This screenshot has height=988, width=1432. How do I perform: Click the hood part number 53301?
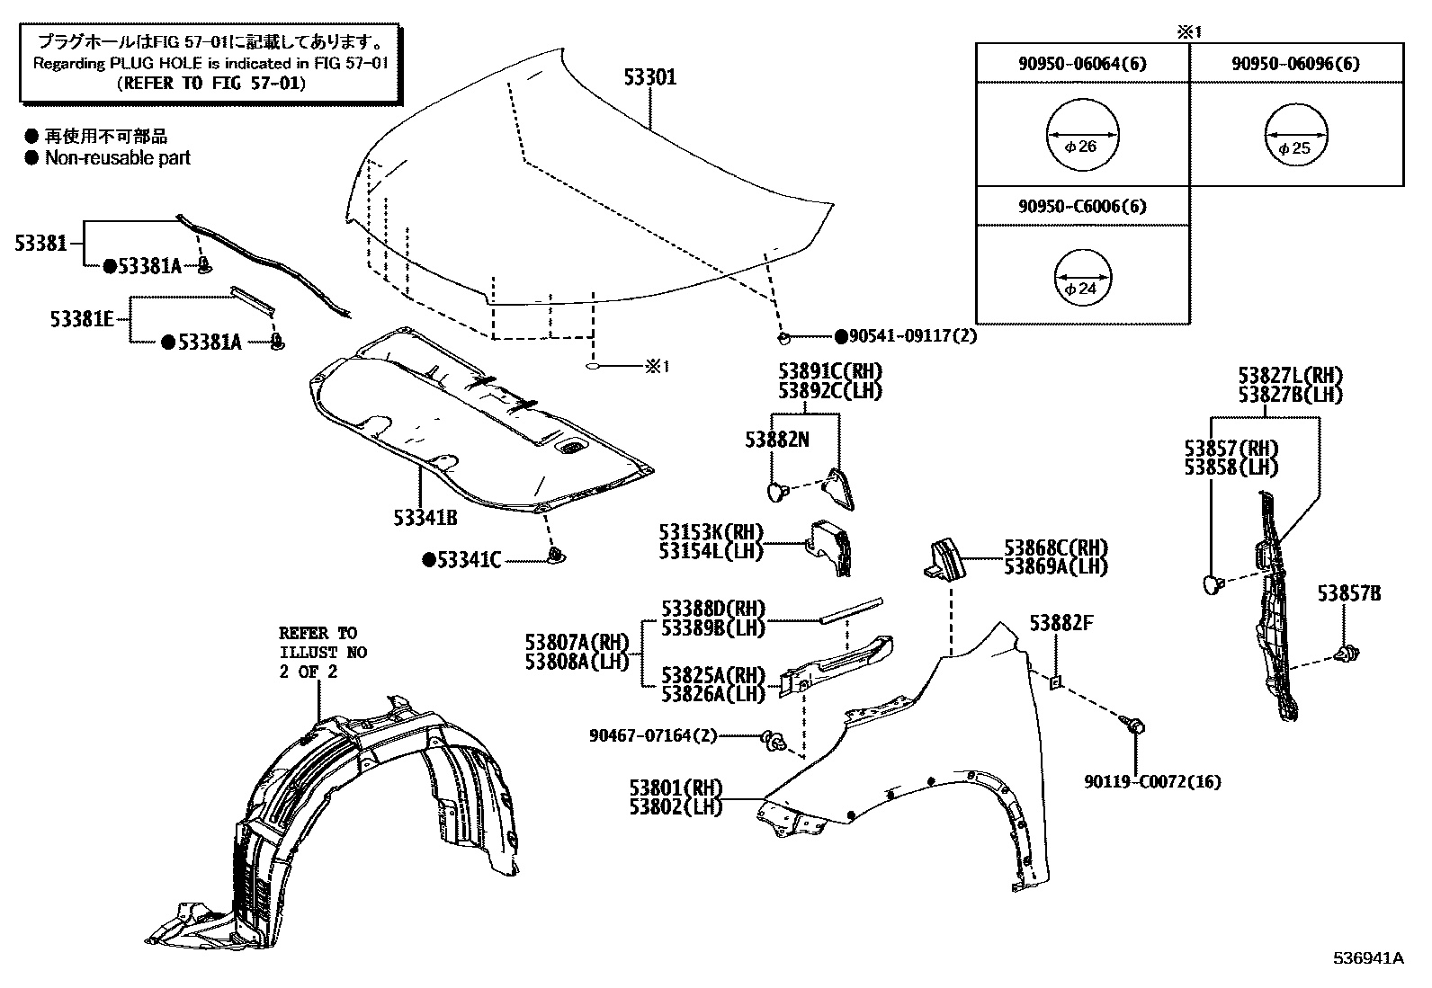point(650,77)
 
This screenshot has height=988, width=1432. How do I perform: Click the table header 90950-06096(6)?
point(1295,63)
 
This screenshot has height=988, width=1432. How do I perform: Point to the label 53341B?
point(425,518)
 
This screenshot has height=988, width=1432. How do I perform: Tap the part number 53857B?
point(1349,593)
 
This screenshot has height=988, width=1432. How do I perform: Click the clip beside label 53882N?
point(778,490)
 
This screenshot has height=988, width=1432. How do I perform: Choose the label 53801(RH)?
point(676,788)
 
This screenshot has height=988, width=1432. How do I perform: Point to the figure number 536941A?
point(1367,957)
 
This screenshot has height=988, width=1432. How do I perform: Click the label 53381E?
point(82,319)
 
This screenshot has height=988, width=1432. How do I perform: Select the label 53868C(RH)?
point(1056,547)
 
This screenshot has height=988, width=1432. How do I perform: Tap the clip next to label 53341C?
point(556,556)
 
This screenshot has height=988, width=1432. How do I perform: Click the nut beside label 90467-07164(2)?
point(772,740)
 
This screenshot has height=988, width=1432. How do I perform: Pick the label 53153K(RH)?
point(710,531)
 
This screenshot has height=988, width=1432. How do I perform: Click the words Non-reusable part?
point(118,157)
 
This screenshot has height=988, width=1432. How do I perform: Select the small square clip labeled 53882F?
point(1057,682)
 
